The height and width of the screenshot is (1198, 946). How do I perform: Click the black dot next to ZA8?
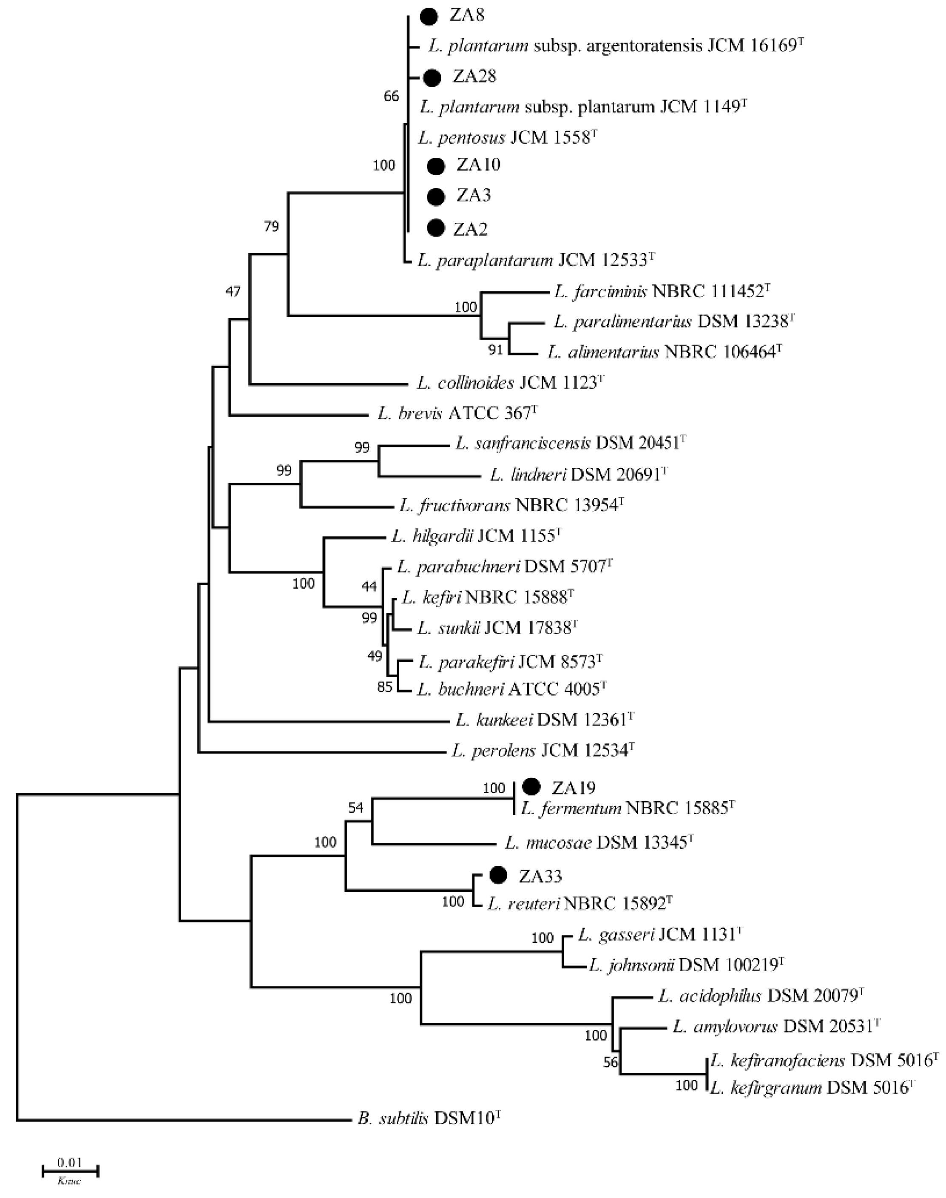[429, 17]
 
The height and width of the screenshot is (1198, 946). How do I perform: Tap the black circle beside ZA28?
[432, 77]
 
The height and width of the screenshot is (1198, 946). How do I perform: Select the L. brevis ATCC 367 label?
[457, 413]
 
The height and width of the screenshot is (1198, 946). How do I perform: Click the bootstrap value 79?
[271, 226]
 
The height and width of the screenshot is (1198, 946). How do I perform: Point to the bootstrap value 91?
[496, 350]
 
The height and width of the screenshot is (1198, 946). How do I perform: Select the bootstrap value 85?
[384, 687]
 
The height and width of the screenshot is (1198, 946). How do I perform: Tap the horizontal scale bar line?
[70, 1170]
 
